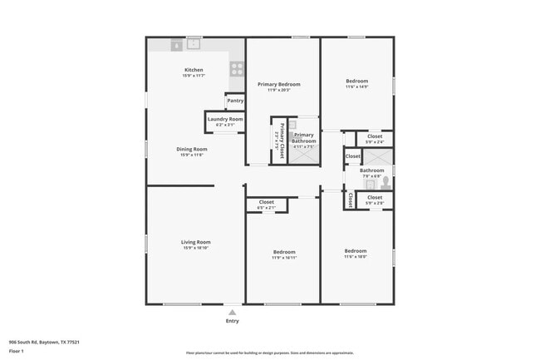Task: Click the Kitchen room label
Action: (194, 70)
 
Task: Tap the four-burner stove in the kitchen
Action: (237, 69)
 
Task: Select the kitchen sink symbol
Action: (194, 44)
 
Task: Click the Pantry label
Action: (235, 101)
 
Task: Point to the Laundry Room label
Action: (224, 119)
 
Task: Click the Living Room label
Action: (196, 242)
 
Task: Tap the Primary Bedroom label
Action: (278, 84)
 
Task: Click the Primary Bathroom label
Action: (304, 137)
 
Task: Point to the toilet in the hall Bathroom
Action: (385, 180)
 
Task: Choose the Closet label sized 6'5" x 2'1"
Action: (266, 202)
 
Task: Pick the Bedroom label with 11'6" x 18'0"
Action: (356, 251)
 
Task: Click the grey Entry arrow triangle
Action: (232, 313)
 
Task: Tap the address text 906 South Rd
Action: (42, 342)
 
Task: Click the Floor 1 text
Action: (17, 351)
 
